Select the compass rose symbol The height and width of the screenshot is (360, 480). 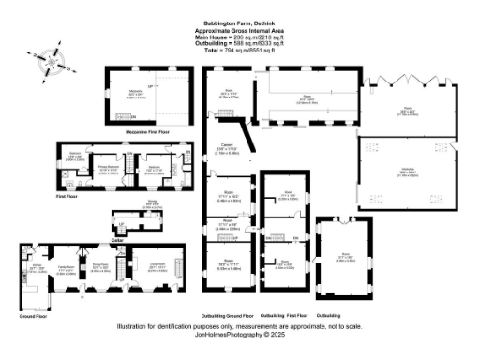(51, 67)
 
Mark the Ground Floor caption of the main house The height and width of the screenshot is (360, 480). (33, 318)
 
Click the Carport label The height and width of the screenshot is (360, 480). (228, 145)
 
